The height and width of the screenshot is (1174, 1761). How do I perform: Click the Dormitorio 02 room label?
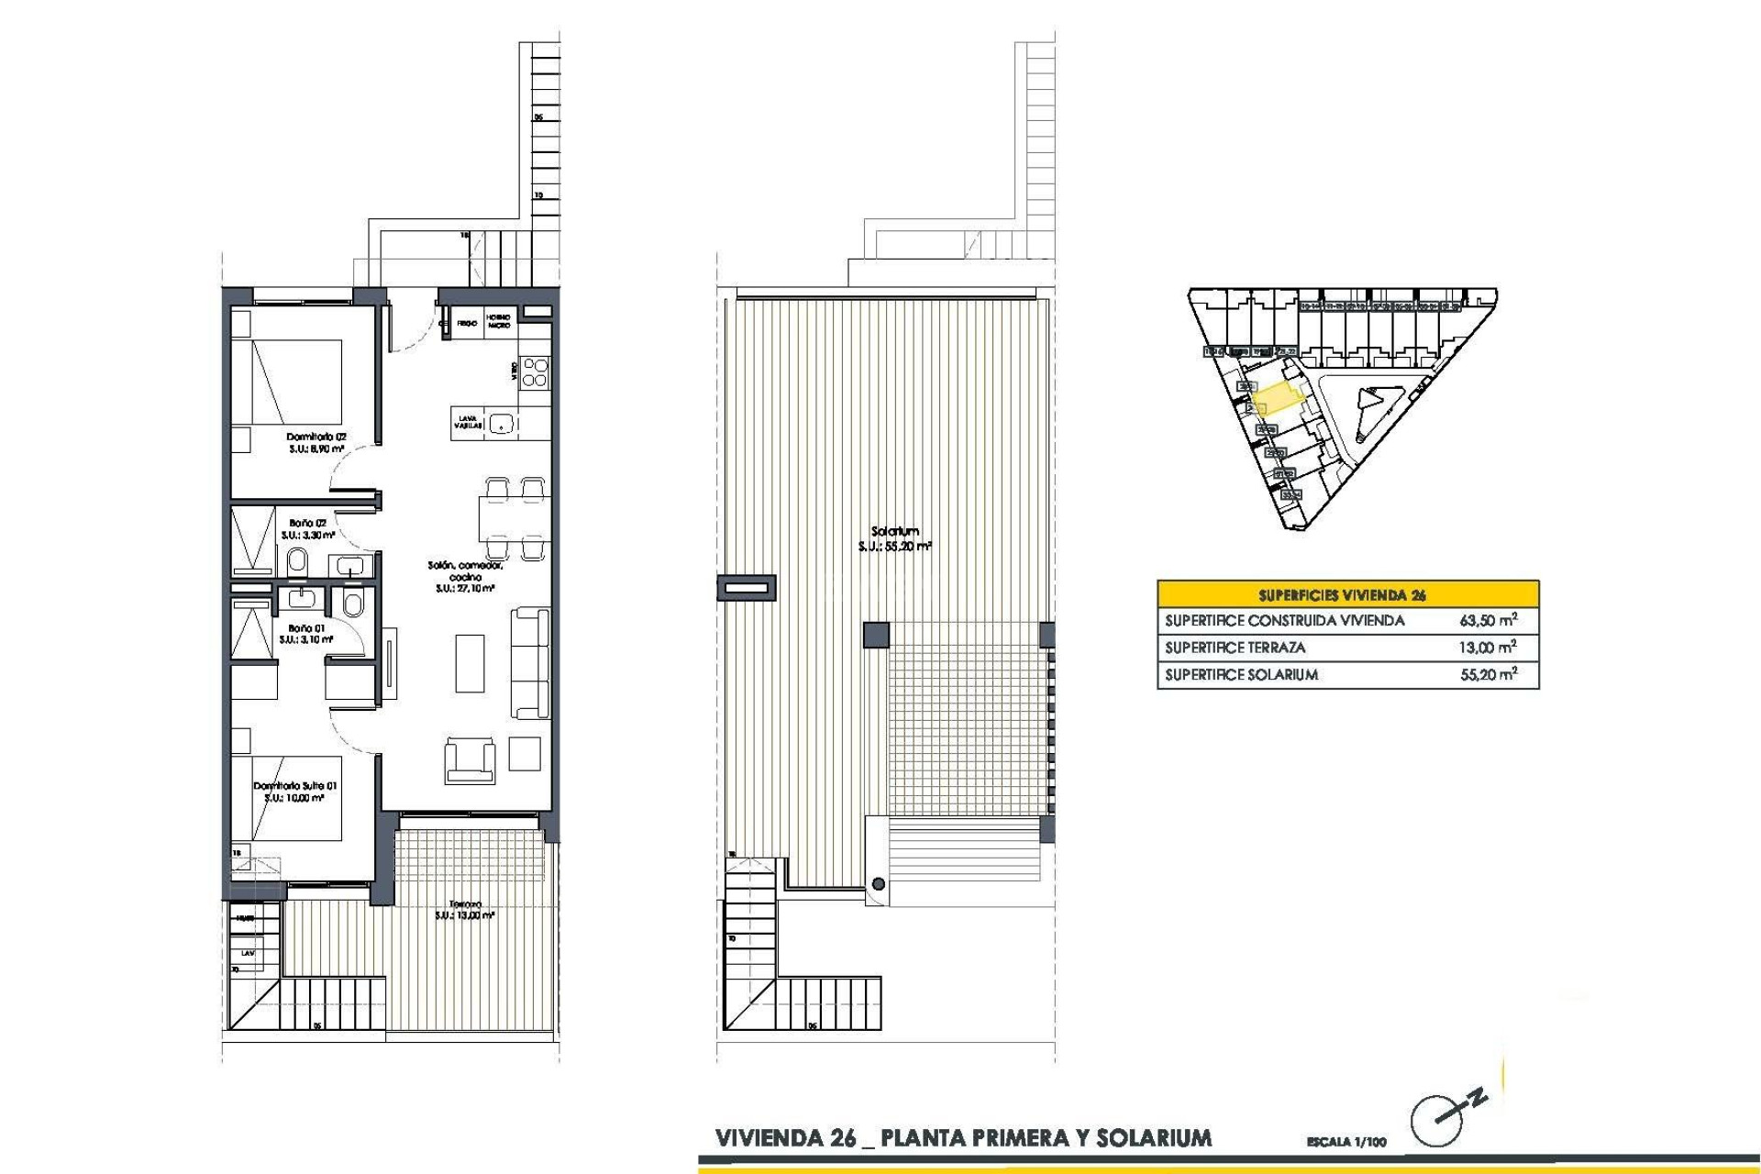click(x=316, y=437)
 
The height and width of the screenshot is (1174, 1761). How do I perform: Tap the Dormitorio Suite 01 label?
click(x=295, y=786)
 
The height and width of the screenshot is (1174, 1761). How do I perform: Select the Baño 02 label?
click(x=307, y=523)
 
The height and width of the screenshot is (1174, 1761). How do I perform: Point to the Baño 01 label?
click(x=306, y=628)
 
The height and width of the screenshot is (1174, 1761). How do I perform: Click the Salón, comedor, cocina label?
click(x=465, y=571)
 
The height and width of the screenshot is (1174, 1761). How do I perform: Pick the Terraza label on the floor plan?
click(x=466, y=904)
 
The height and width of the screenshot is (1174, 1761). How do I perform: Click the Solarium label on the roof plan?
click(x=895, y=531)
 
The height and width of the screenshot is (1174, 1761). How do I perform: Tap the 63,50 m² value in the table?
click(x=1488, y=620)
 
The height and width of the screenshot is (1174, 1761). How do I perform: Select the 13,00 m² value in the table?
click(x=1488, y=648)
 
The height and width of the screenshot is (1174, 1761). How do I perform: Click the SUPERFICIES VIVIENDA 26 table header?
click(x=1347, y=594)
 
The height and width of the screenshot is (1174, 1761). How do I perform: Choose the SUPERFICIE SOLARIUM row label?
click(x=1241, y=675)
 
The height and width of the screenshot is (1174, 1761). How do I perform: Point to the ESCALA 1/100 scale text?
click(x=1346, y=1142)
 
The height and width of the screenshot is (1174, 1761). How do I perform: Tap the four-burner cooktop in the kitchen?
click(x=535, y=371)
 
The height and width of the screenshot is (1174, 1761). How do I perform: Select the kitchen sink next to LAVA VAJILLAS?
click(x=501, y=424)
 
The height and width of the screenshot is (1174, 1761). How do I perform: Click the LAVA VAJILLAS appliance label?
click(x=468, y=423)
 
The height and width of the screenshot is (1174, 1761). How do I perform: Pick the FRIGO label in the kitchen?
click(x=466, y=324)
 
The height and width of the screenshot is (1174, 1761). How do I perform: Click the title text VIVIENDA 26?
click(x=785, y=1139)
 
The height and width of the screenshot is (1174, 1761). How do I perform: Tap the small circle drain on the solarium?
click(x=879, y=884)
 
